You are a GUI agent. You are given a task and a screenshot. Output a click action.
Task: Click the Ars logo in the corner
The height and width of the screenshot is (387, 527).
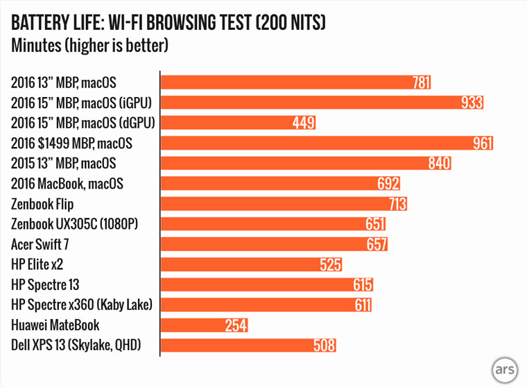[506, 368]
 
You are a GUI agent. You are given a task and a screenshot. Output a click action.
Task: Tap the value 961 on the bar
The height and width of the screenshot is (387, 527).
[482, 144]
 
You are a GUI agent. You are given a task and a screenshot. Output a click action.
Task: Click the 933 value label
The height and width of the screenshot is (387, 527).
[472, 103]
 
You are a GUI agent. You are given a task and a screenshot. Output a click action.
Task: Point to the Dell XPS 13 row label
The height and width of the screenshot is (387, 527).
[76, 345]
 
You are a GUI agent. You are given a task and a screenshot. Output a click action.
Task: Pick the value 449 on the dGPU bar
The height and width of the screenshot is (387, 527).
[304, 123]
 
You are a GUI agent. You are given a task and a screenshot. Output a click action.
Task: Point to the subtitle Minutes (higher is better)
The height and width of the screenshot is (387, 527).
[90, 46]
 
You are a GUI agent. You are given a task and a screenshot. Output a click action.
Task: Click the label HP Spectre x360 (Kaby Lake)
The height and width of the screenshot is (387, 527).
[81, 304]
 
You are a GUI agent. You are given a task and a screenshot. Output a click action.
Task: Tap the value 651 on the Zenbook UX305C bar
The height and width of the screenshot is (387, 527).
[374, 224]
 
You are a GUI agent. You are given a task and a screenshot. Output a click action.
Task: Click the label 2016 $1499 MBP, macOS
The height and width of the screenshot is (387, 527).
[71, 144]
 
